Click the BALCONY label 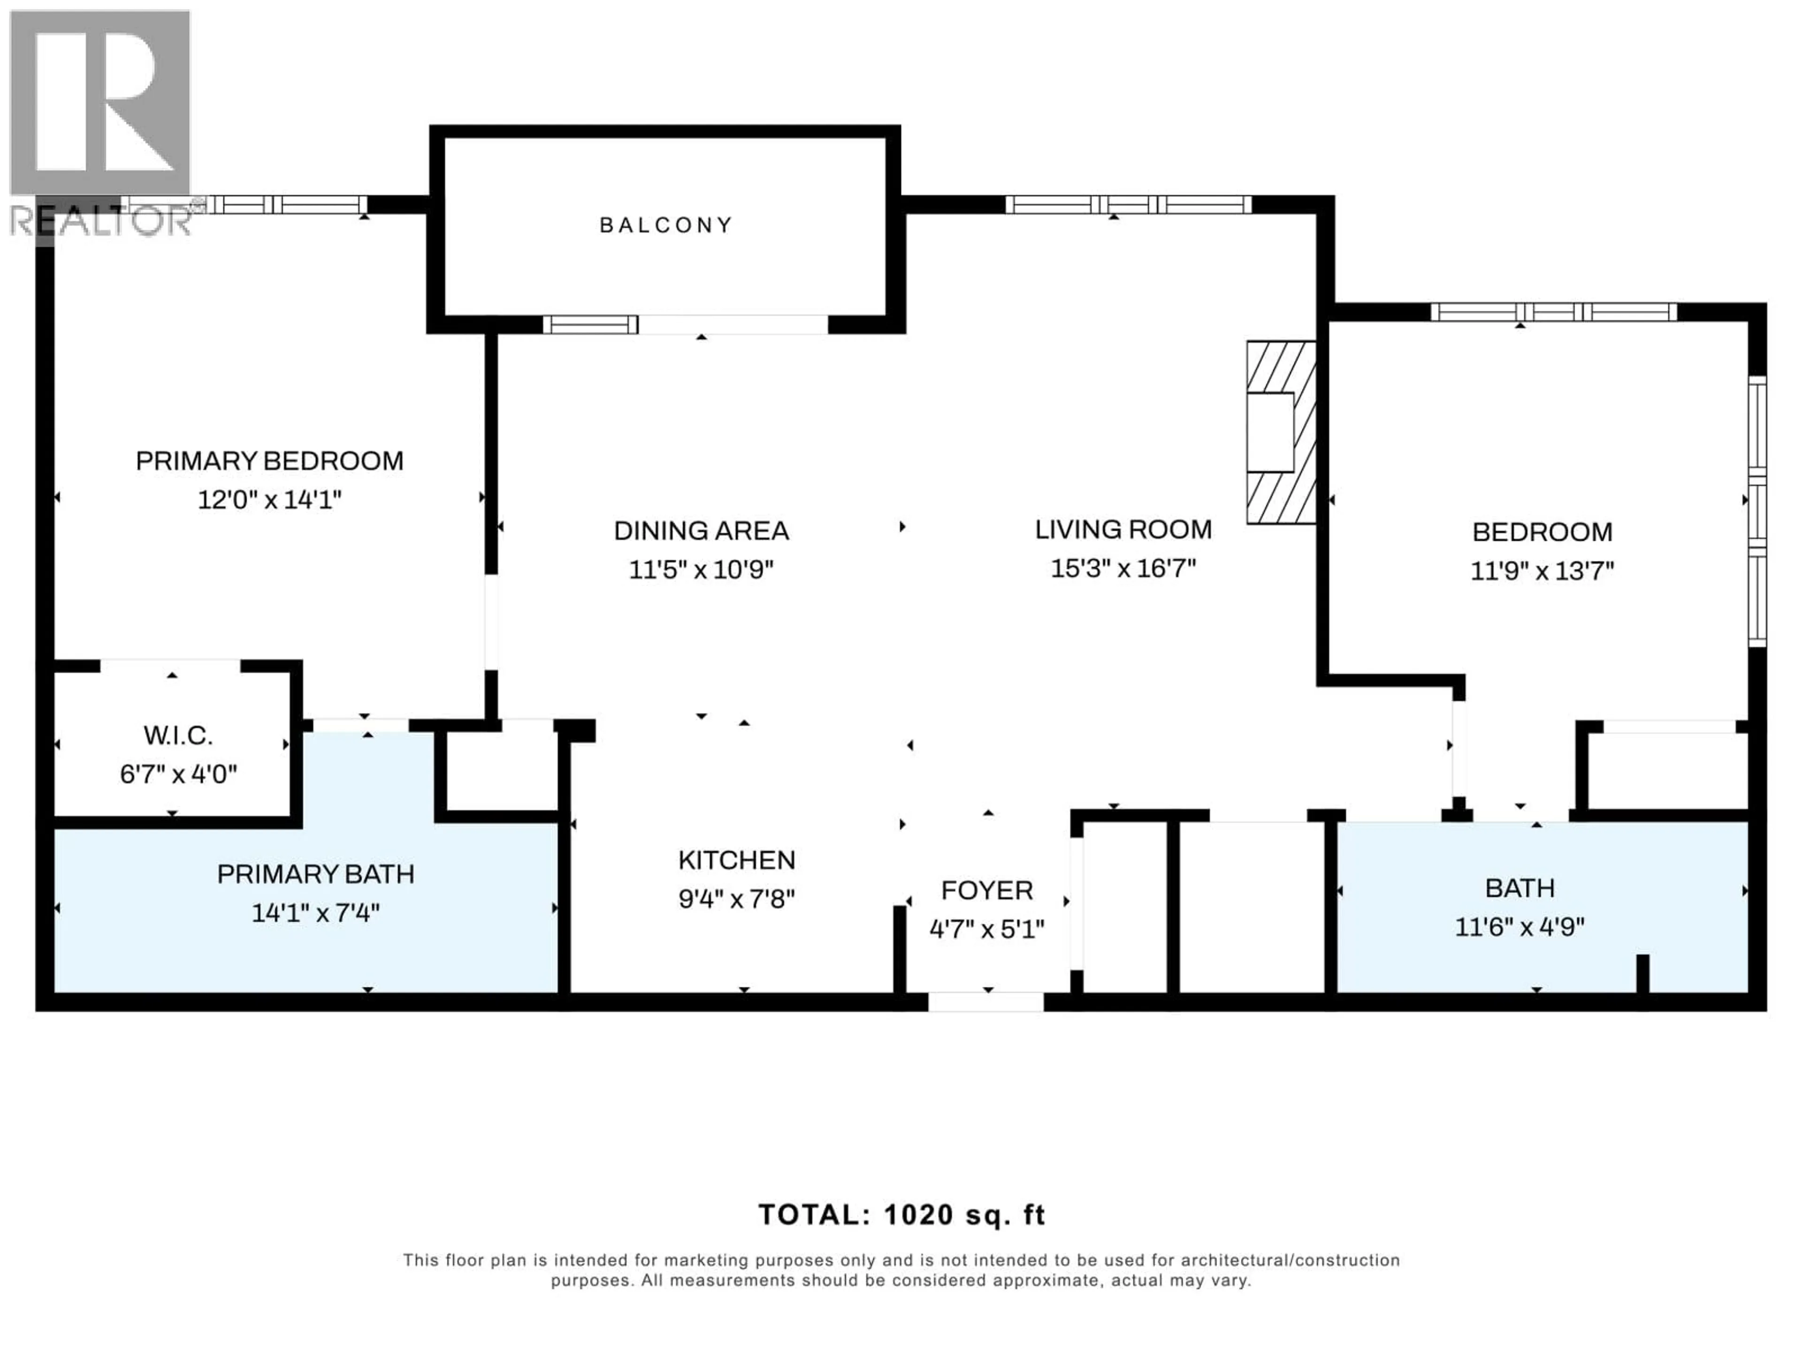(x=666, y=225)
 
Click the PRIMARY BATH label (x=315, y=875)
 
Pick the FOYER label (x=986, y=891)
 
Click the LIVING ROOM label (x=1122, y=530)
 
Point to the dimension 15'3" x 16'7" (x=1122, y=568)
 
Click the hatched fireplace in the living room (x=1281, y=432)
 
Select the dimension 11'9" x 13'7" (x=1541, y=570)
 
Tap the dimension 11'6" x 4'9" (x=1519, y=927)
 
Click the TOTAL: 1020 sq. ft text (x=901, y=1215)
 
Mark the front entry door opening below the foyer (x=986, y=1002)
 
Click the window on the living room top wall (x=1128, y=205)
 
